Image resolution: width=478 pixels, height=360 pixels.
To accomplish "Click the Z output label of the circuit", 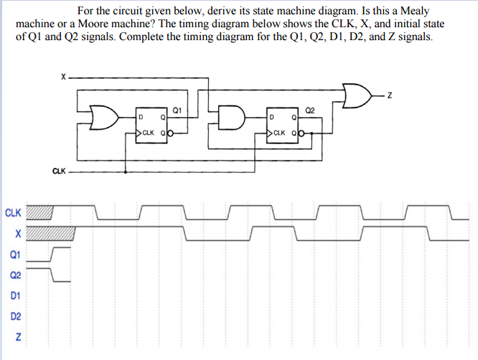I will tap(390, 94).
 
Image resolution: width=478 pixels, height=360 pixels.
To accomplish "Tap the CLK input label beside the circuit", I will tap(60, 171).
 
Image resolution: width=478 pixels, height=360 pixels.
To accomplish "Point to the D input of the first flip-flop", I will tap(141, 117).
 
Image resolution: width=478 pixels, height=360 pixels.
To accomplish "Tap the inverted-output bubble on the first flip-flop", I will tap(171, 133).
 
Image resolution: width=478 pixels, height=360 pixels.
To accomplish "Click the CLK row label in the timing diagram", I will tap(14, 212).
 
